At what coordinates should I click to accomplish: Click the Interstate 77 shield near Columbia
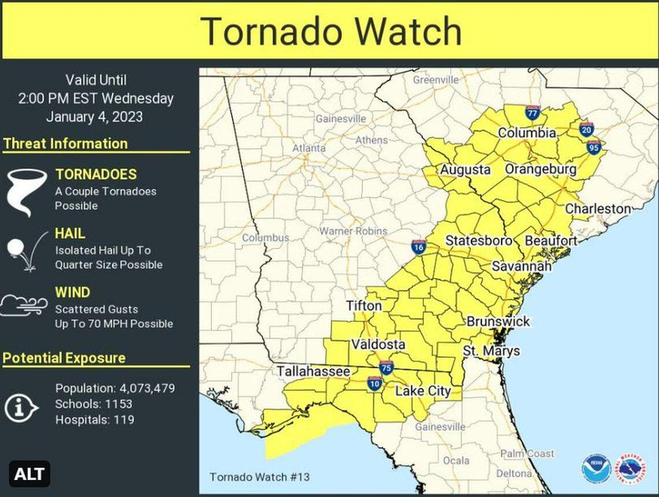pos(532,113)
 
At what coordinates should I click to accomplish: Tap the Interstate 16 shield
pos(419,247)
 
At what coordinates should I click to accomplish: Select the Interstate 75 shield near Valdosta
pos(387,368)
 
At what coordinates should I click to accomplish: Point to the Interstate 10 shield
pos(375,383)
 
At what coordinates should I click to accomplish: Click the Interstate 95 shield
pos(594,147)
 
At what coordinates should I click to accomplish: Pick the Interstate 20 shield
pos(586,128)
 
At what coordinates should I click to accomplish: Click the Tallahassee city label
pos(313,372)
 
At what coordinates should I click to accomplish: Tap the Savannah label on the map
pos(521,266)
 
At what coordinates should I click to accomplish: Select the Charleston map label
pos(598,209)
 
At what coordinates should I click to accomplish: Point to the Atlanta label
pos(309,148)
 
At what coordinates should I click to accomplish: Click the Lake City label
pos(423,391)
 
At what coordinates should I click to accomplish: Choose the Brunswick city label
pos(498,321)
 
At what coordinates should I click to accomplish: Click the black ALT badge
pos(29,474)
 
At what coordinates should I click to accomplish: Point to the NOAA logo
pos(596,468)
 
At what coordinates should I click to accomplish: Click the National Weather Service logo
pos(631,468)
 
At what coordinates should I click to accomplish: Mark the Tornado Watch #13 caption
pos(260,477)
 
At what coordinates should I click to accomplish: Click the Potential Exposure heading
pos(64,358)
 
